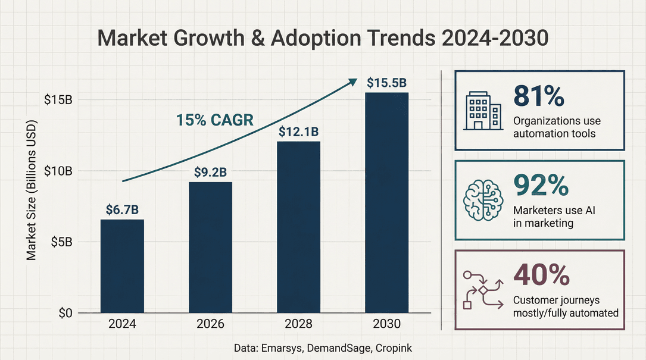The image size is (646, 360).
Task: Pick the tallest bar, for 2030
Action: click(x=387, y=202)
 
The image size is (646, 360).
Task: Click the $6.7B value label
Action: click(x=122, y=209)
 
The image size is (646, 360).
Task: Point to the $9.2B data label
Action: click(x=210, y=172)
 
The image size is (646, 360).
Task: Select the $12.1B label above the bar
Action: click(x=299, y=132)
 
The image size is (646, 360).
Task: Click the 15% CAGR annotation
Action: click(x=215, y=120)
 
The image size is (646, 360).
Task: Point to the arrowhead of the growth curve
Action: click(x=353, y=81)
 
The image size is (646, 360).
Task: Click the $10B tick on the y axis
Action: click(x=58, y=171)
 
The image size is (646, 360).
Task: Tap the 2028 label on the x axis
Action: click(x=299, y=325)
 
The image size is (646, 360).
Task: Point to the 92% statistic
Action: click(x=539, y=186)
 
